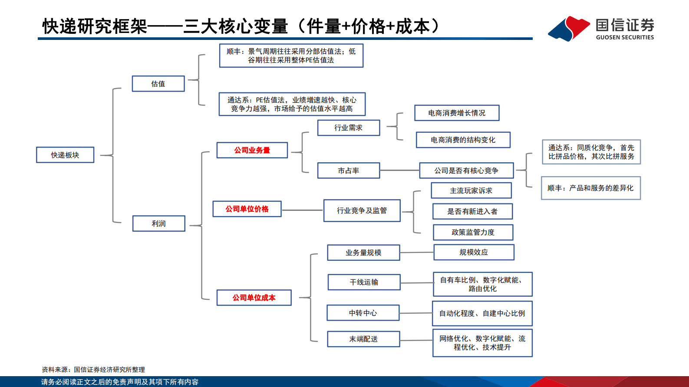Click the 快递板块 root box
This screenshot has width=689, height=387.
click(x=65, y=155)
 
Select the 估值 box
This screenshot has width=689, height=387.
click(x=158, y=84)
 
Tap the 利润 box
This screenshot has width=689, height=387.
click(x=158, y=223)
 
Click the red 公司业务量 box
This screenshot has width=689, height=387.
click(x=252, y=150)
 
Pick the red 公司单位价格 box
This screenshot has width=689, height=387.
click(x=247, y=209)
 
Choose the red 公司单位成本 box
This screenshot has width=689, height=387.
click(x=254, y=298)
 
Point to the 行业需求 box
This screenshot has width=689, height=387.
click(x=348, y=128)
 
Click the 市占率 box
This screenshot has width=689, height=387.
click(x=348, y=171)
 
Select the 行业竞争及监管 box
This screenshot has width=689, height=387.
click(x=362, y=210)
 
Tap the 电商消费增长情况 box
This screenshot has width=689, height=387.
click(x=457, y=113)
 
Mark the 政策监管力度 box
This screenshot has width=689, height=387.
click(x=473, y=232)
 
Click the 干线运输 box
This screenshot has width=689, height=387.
click(x=364, y=282)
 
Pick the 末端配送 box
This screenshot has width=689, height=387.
click(x=363, y=339)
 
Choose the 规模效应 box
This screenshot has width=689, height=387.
click(x=474, y=252)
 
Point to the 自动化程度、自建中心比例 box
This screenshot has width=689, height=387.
click(x=482, y=313)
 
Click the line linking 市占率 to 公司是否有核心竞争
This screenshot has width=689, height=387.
click(x=399, y=171)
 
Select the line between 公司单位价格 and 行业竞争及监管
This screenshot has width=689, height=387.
click(x=302, y=210)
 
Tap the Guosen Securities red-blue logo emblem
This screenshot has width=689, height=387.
click(x=569, y=29)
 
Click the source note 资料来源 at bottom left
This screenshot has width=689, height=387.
click(x=93, y=370)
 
